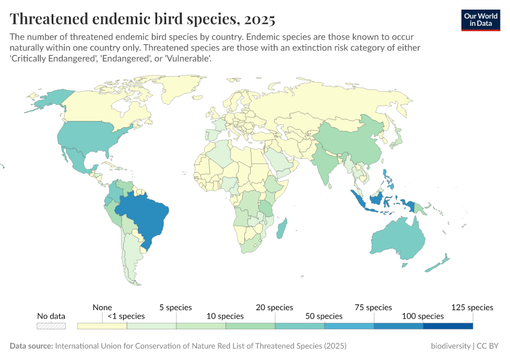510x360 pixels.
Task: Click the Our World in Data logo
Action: (x=480, y=20)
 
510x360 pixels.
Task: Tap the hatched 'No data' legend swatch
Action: (x=51, y=326)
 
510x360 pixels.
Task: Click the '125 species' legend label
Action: (x=472, y=307)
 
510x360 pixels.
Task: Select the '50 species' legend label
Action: (x=325, y=316)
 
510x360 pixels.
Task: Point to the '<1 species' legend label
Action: (x=127, y=316)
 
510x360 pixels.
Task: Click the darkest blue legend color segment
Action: (x=448, y=326)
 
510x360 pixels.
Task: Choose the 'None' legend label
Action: (x=103, y=307)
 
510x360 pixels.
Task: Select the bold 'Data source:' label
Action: (x=31, y=347)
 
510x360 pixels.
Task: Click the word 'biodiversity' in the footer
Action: (x=451, y=347)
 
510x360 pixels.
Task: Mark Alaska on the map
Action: (x=47, y=99)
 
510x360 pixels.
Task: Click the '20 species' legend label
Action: (x=275, y=307)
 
